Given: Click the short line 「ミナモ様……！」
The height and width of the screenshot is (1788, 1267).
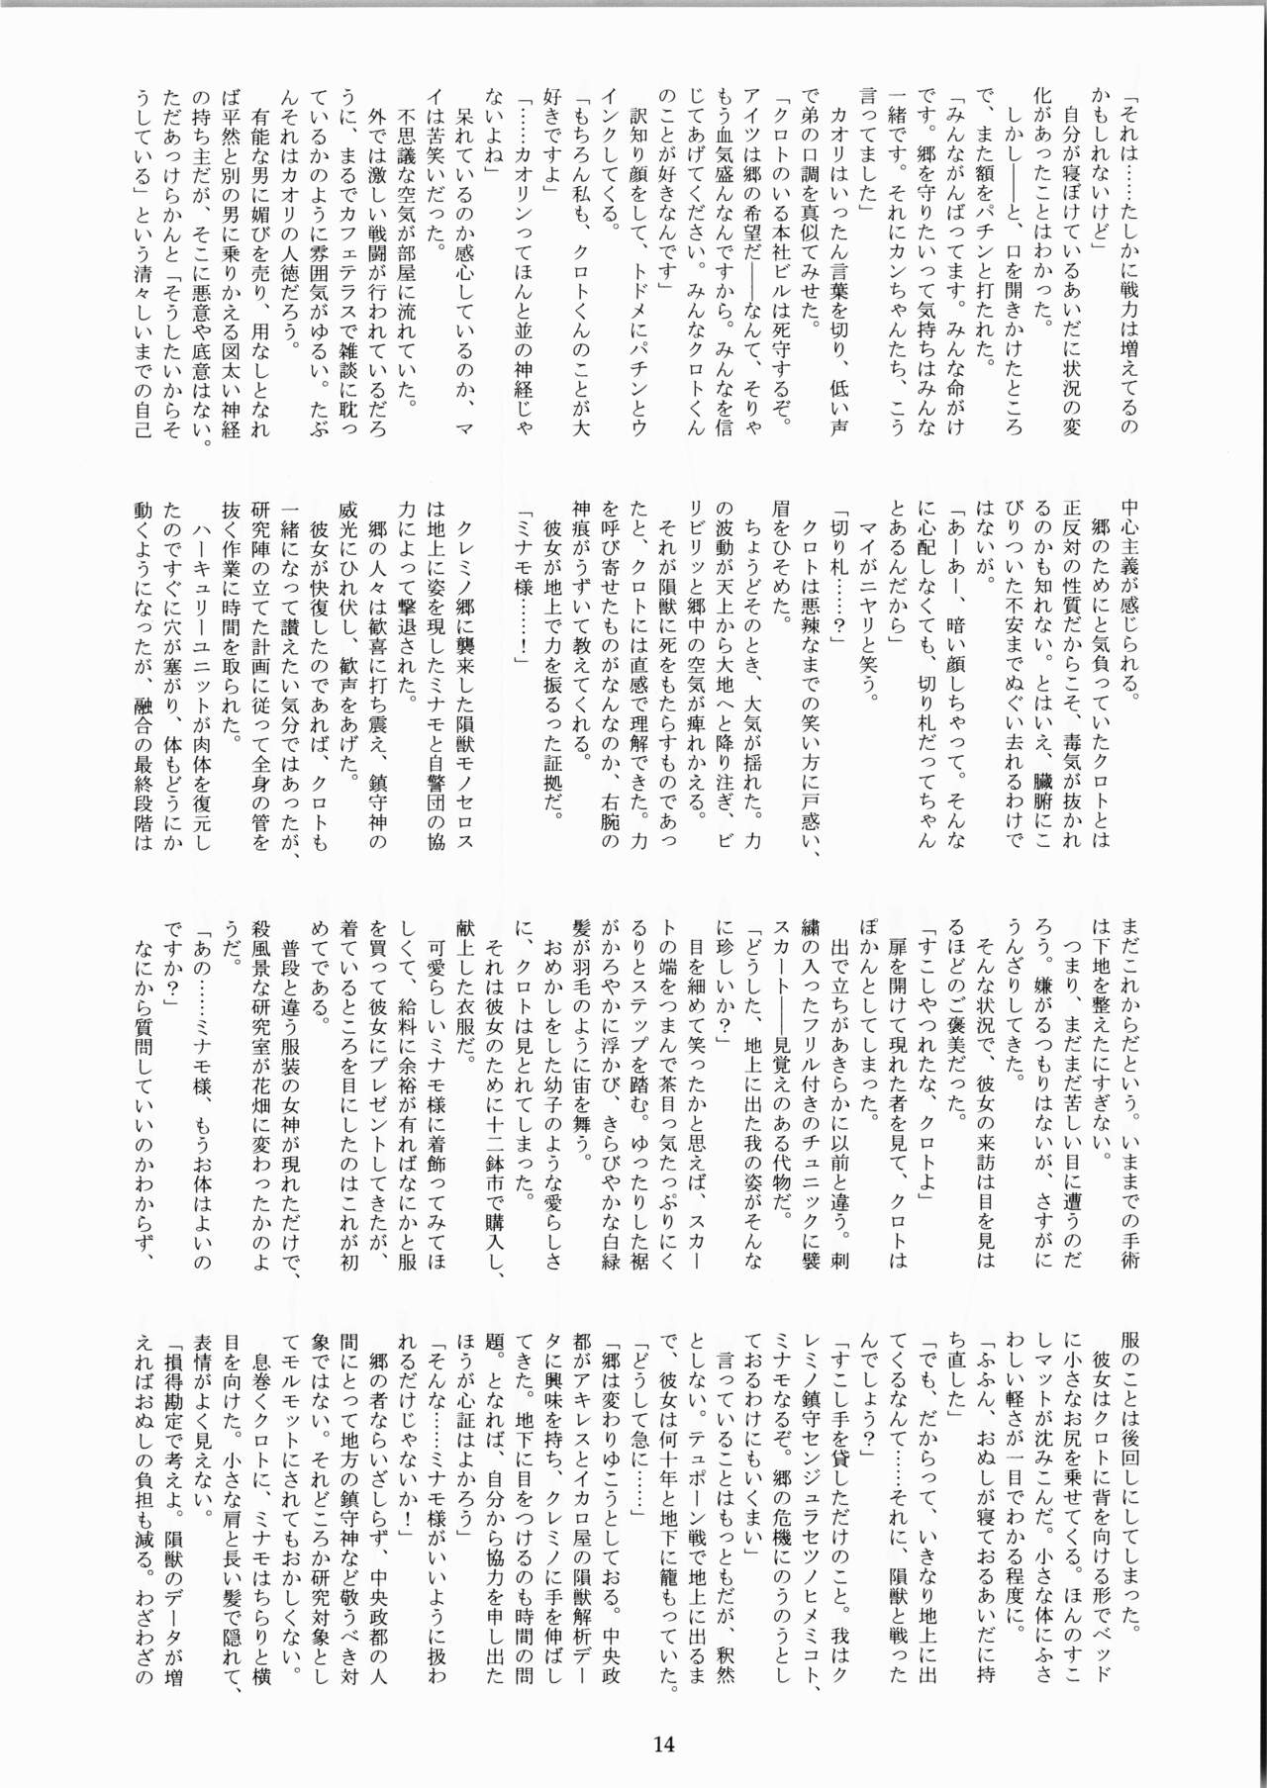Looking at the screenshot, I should click(523, 579).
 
